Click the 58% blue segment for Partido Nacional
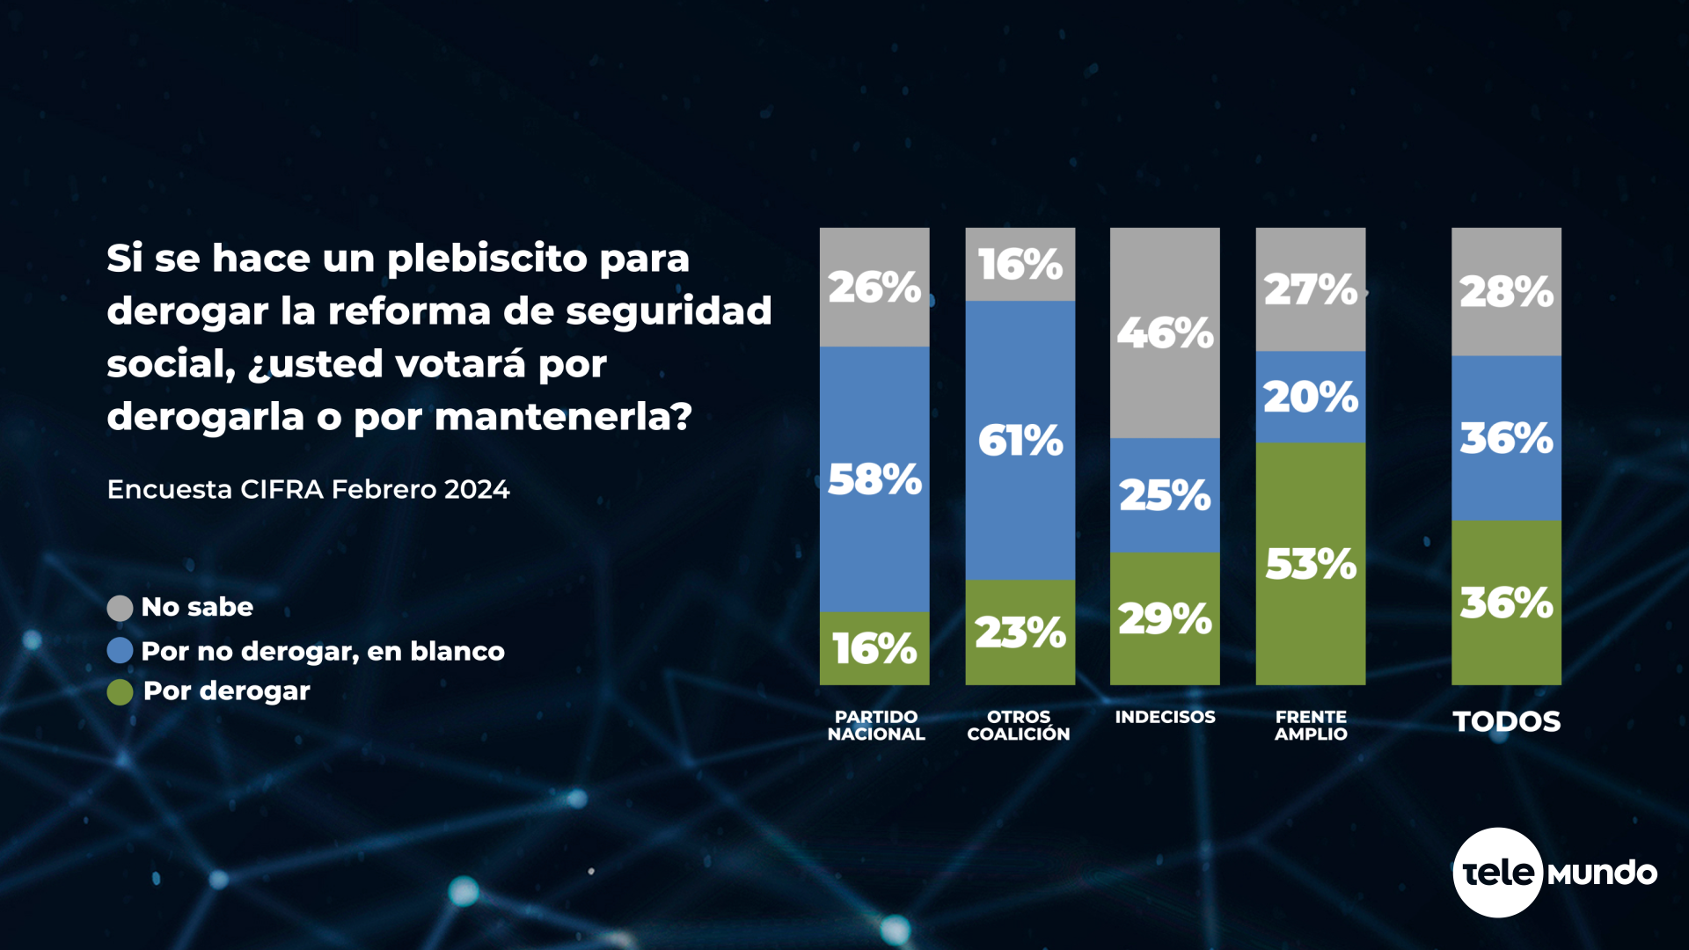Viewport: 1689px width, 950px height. (x=874, y=479)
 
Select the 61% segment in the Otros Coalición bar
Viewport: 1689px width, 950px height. (x=1020, y=440)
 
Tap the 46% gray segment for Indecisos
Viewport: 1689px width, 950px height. (x=1165, y=332)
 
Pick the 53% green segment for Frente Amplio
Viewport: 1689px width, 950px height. (x=1311, y=563)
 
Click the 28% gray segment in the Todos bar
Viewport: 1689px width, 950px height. (x=1506, y=292)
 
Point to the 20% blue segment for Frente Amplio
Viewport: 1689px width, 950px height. (x=1311, y=397)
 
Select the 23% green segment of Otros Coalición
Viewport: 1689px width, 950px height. (x=1020, y=632)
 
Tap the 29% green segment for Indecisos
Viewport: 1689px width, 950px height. (x=1165, y=617)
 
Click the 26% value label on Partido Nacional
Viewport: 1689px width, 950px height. (x=874, y=288)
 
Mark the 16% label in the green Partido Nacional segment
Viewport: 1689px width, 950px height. (x=874, y=649)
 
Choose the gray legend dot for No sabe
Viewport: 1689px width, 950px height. (x=120, y=608)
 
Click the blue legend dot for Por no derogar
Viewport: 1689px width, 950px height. (x=120, y=651)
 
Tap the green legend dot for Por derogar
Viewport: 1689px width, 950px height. (x=120, y=692)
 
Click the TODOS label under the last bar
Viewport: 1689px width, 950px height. (x=1506, y=721)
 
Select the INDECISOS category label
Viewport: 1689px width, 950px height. (x=1165, y=717)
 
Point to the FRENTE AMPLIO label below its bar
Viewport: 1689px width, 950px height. (x=1311, y=726)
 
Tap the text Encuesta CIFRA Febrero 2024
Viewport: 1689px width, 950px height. (x=308, y=489)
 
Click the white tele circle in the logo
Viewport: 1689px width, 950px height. (x=1497, y=873)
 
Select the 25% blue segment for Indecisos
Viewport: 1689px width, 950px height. (x=1165, y=495)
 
